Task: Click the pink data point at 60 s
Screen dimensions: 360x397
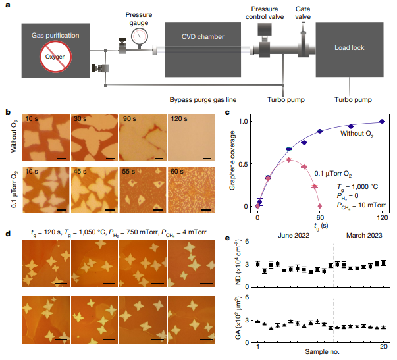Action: (x=319, y=206)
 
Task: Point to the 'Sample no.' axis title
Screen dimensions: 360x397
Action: (x=321, y=354)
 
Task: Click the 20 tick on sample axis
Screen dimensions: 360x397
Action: (x=384, y=345)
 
